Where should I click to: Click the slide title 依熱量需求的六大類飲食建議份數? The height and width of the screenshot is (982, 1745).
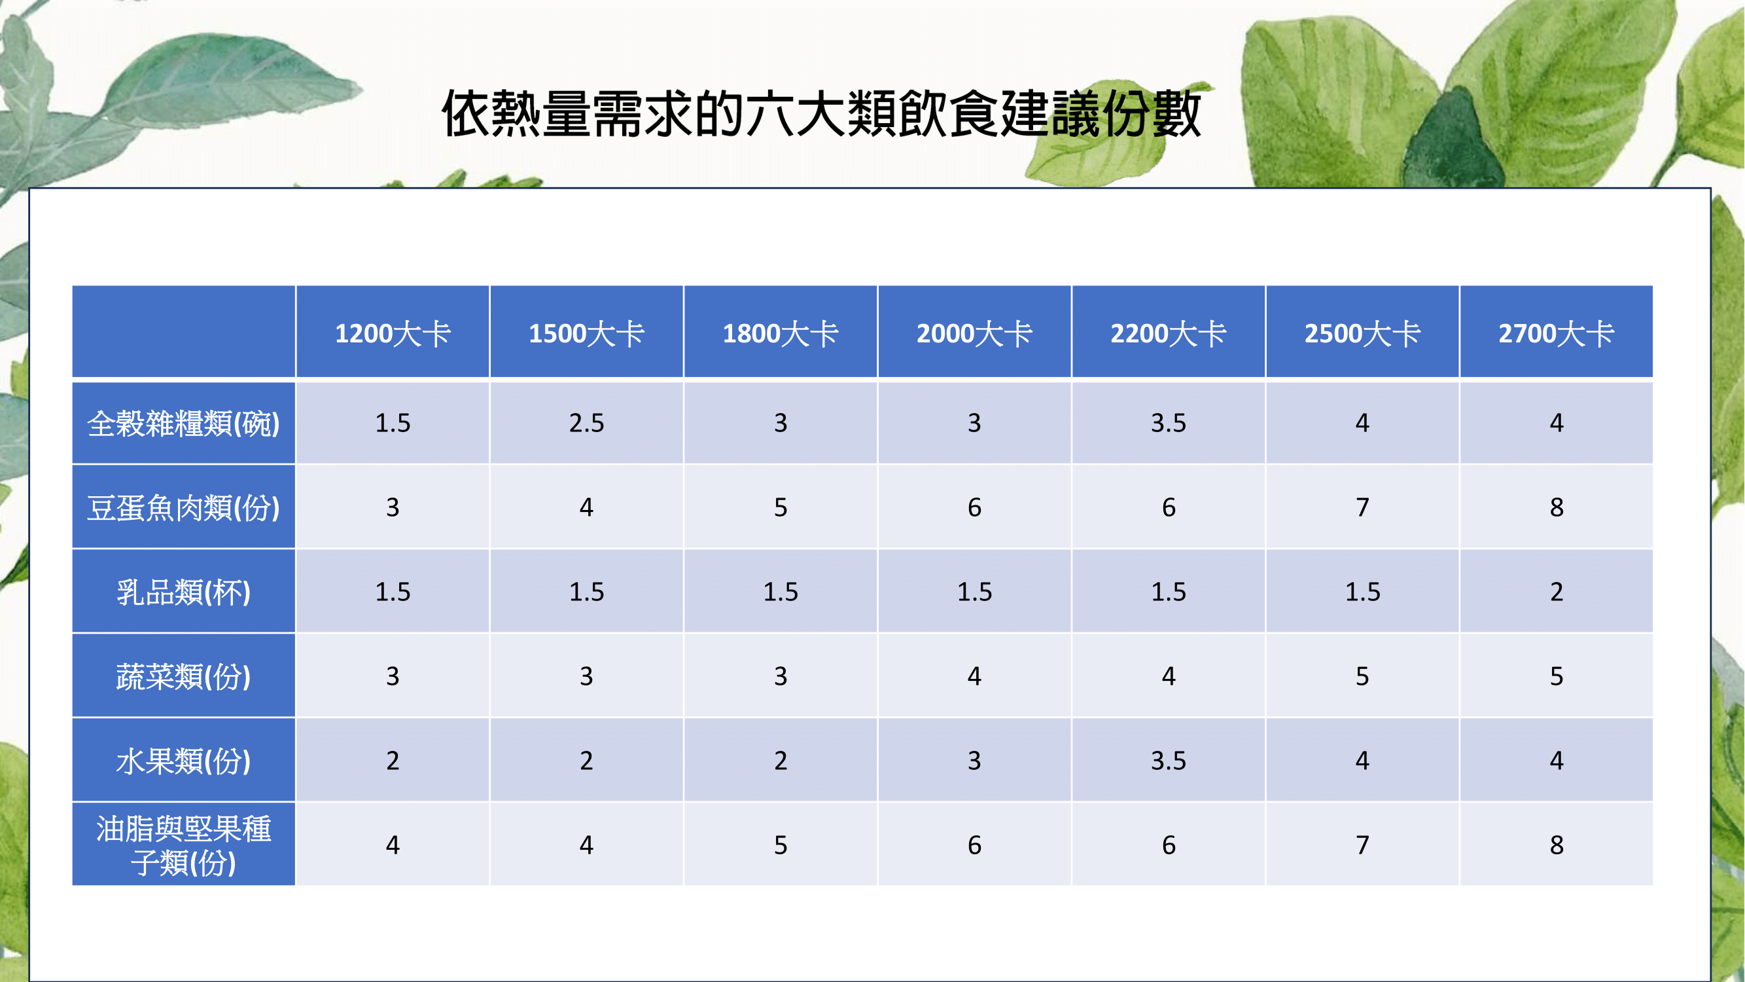(x=821, y=113)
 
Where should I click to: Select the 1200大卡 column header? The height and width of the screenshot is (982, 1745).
(x=393, y=333)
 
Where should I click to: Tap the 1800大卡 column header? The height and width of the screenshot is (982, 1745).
(x=781, y=333)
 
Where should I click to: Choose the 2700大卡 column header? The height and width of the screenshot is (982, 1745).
(x=1557, y=333)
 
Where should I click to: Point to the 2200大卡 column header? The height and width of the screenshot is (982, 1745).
(x=1169, y=333)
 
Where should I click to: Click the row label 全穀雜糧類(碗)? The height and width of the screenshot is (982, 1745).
(x=184, y=424)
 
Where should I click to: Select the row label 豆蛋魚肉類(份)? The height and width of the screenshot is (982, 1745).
(x=184, y=507)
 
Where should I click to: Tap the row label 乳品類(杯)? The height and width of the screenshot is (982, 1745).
(x=184, y=592)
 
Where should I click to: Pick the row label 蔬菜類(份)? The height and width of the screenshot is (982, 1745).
(x=184, y=676)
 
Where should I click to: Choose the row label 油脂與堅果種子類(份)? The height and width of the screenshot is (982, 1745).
(x=184, y=845)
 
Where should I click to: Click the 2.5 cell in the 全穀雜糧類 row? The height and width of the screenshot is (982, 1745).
(x=587, y=423)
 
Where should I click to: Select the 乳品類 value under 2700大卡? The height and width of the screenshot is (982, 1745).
(x=1557, y=592)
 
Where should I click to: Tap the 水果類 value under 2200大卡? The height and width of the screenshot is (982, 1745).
(x=1169, y=760)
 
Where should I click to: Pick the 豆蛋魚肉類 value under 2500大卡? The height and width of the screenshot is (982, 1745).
(x=1362, y=507)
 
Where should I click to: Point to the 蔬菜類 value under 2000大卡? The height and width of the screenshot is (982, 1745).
(x=974, y=676)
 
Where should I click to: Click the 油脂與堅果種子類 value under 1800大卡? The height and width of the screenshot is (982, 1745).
(x=781, y=845)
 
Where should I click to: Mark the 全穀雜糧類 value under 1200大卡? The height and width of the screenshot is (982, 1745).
(x=393, y=423)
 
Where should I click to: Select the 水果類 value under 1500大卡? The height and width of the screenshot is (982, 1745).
(x=587, y=760)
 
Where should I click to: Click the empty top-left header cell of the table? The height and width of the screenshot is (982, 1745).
(x=184, y=331)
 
